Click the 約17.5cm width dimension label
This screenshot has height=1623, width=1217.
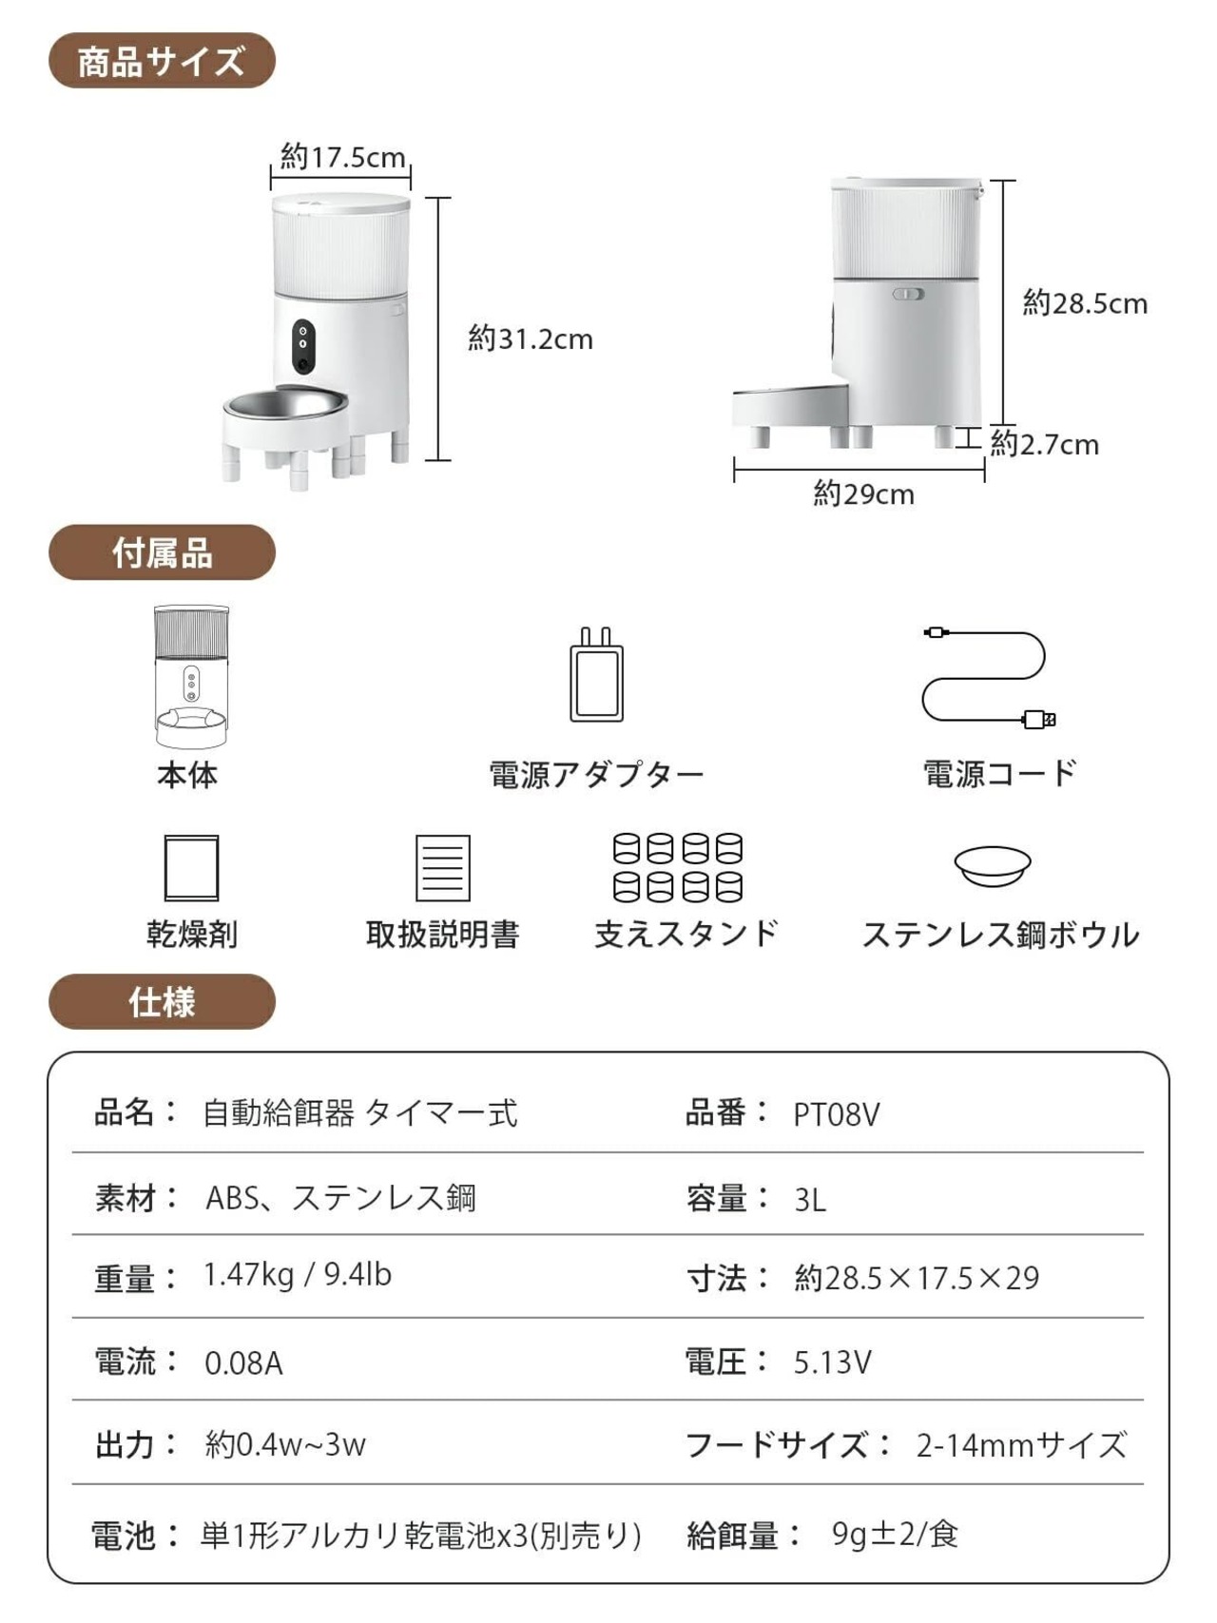(342, 157)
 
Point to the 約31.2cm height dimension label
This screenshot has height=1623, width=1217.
(530, 338)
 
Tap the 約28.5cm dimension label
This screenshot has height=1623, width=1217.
(1084, 303)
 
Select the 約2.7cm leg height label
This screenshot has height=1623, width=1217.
(1044, 444)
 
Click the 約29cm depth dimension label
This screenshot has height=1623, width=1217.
(863, 494)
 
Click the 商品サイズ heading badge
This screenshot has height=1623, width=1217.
(162, 61)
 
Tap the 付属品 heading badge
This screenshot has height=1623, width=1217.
(162, 552)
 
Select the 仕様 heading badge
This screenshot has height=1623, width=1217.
(162, 1002)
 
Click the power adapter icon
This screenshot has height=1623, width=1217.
(596, 675)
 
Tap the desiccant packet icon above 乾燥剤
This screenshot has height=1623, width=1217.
(191, 867)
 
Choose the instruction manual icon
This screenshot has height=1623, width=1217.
(442, 867)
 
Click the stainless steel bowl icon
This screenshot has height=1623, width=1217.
(993, 864)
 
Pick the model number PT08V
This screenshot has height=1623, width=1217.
(837, 1114)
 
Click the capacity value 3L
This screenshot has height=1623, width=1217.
(810, 1200)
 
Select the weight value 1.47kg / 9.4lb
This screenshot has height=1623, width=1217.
(297, 1275)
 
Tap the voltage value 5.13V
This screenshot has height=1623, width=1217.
(832, 1362)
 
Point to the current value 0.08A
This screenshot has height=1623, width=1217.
(243, 1363)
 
